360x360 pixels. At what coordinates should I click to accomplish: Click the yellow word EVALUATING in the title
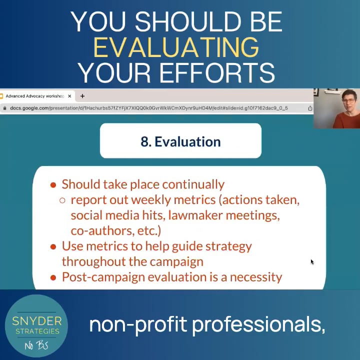tap(176, 47)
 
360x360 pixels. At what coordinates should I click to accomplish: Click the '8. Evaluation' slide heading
tap(180, 141)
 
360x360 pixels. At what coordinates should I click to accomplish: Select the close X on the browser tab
tap(69, 96)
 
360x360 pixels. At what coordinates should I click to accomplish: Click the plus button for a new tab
tap(82, 96)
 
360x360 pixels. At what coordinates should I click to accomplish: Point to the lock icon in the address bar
tap(4, 108)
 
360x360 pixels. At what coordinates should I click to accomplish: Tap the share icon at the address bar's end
tap(310, 108)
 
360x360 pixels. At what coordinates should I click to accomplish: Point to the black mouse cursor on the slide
tap(312, 262)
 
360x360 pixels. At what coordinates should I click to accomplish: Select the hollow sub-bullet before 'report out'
tap(62, 200)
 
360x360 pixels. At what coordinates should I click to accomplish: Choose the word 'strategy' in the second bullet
tap(227, 246)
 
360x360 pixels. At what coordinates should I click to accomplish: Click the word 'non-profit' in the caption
tap(138, 325)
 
